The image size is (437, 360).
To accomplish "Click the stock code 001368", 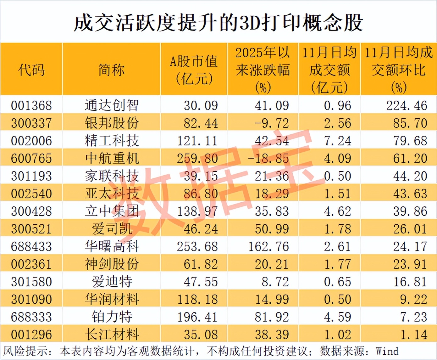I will tap(31, 105).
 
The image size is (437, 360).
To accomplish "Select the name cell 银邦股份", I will tap(112, 123).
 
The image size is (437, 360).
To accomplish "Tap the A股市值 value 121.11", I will tap(197, 141).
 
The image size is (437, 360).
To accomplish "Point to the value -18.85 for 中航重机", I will tap(268, 158).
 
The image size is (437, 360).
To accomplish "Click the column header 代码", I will tap(31, 70).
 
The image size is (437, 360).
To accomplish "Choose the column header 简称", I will tap(112, 70).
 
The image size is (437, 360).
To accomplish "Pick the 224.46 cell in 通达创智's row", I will tap(407, 105).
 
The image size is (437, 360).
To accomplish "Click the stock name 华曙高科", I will tap(112, 246).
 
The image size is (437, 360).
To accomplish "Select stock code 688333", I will tap(31, 317).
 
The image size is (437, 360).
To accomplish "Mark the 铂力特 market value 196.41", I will tap(197, 317).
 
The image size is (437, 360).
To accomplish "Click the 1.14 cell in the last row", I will tap(413, 335).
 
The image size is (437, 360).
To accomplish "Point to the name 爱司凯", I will tap(112, 229).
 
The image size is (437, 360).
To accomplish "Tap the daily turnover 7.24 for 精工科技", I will tap(337, 141).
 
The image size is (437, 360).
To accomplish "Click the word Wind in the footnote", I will tap(387, 351).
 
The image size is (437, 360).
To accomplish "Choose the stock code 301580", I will tap(31, 282).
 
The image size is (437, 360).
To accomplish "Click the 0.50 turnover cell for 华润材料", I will tap(337, 299).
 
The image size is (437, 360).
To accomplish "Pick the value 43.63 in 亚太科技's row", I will tap(410, 194).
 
